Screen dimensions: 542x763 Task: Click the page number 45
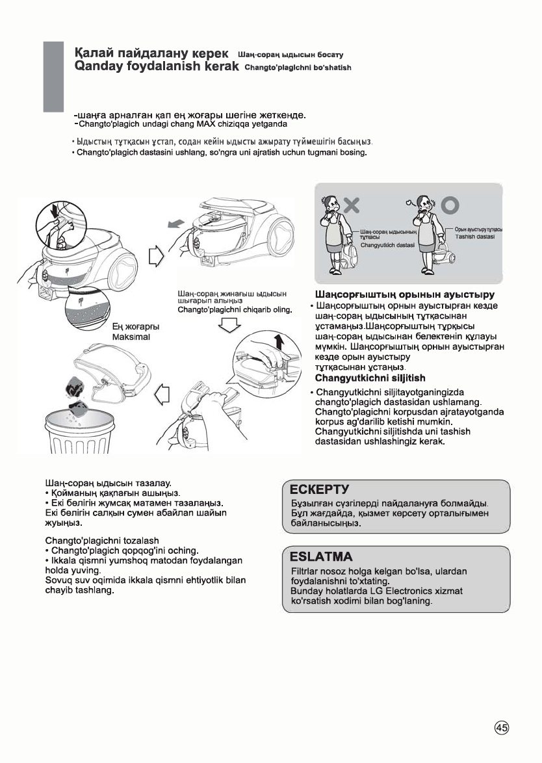point(501,729)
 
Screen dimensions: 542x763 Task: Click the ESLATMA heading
point(321,557)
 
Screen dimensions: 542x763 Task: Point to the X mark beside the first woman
point(352,205)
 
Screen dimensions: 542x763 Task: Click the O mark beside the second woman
point(450,205)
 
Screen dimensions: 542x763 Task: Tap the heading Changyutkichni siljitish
point(370,378)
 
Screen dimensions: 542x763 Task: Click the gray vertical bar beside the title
point(53,77)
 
